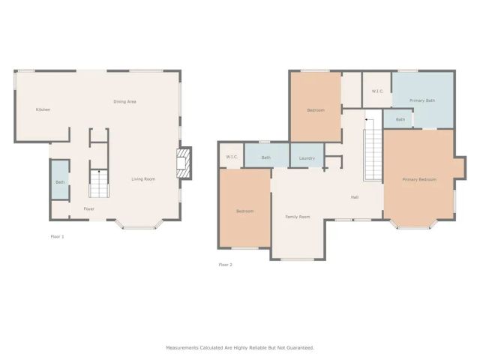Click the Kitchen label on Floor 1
[43, 109]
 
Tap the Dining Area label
[124, 101]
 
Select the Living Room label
[143, 179]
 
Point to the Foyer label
[88, 208]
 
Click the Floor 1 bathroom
[60, 181]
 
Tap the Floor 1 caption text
[57, 236]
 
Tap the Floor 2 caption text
[225, 265]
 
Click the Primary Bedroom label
[418, 180]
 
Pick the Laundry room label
[306, 158]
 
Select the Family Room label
[297, 217]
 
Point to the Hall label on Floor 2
[354, 197]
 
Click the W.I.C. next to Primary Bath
[377, 91]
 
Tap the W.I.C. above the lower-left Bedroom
[232, 157]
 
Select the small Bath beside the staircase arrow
[400, 119]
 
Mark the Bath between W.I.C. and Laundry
[266, 157]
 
